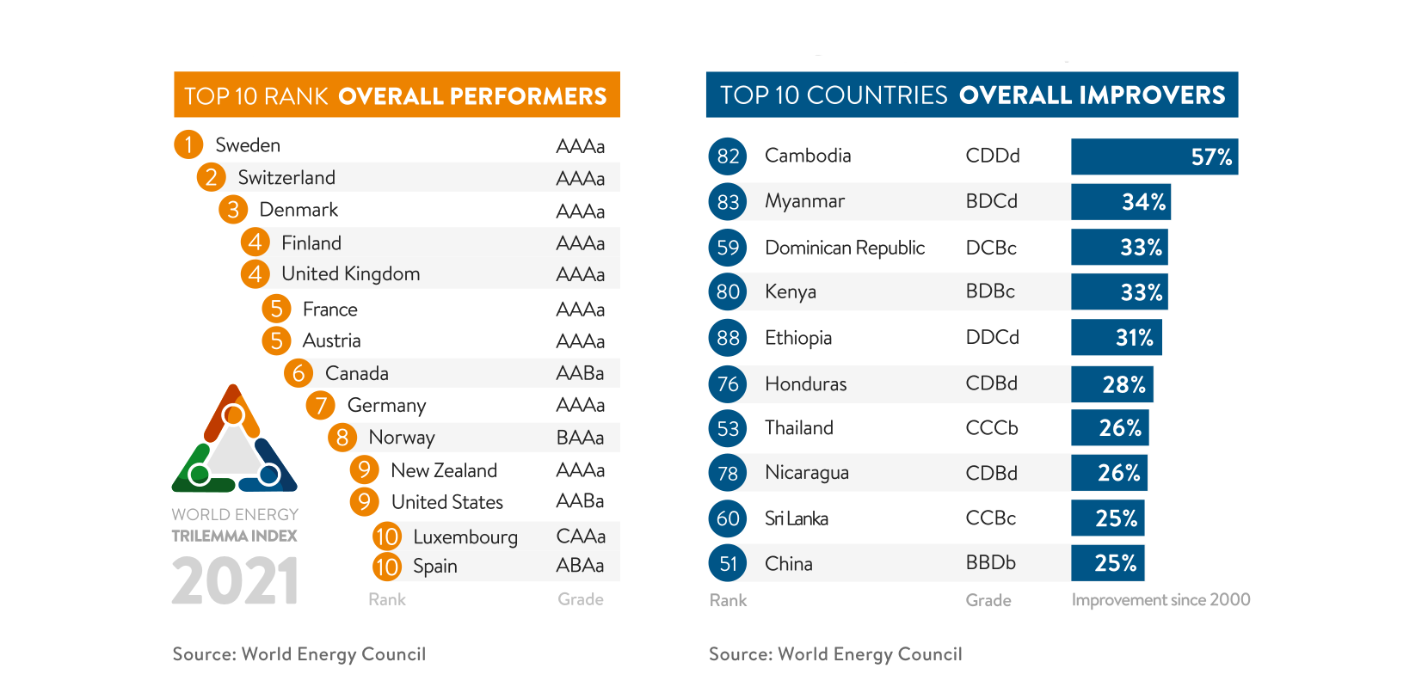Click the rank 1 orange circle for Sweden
tap(188, 144)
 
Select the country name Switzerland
tap(286, 178)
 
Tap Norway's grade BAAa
tap(580, 438)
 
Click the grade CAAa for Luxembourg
tap(581, 537)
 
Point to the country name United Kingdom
tap(350, 274)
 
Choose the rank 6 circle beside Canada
tap(299, 373)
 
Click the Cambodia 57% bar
tap(1154, 156)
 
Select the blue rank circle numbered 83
tap(728, 202)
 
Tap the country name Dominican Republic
tap(845, 248)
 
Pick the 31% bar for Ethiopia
tap(1116, 337)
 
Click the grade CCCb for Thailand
tap(992, 428)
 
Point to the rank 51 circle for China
tap(728, 563)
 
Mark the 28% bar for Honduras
tap(1111, 384)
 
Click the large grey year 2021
tap(235, 581)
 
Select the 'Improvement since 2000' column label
tap(1160, 600)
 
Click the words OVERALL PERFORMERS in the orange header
tap(472, 96)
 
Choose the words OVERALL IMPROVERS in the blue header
tap(1092, 95)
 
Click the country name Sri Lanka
tap(796, 518)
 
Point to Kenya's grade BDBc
tap(990, 291)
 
